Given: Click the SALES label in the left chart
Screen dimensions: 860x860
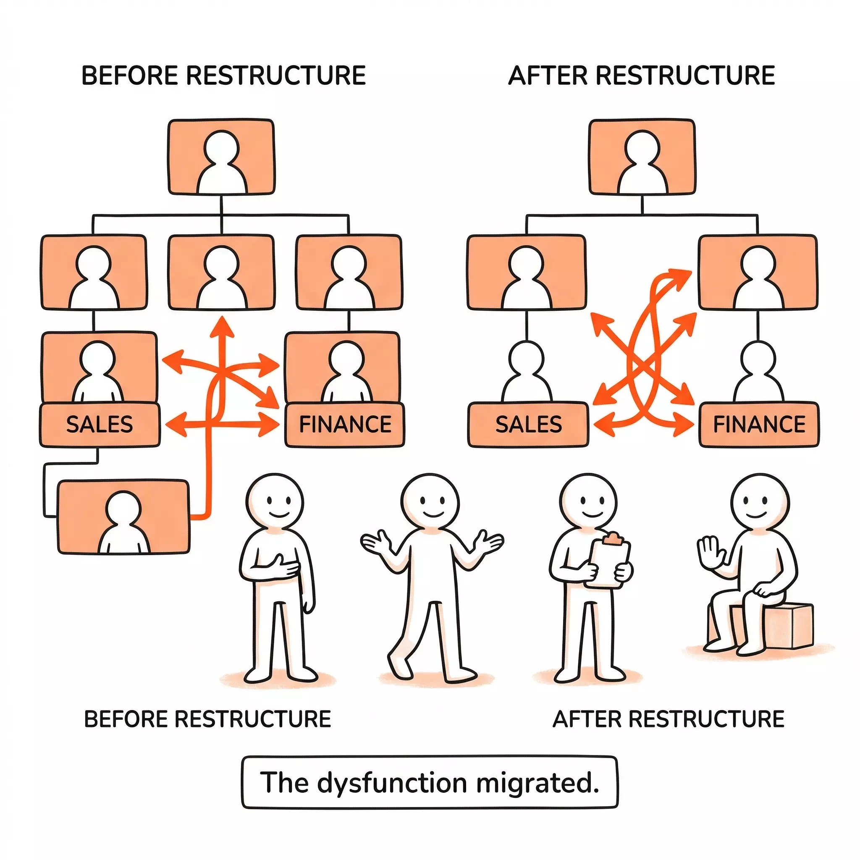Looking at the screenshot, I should click(99, 425).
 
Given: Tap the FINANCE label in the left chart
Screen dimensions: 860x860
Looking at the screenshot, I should click(345, 425).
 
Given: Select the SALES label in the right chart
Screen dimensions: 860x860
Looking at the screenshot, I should click(528, 425).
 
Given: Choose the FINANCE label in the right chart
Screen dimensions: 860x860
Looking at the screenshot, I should click(759, 425).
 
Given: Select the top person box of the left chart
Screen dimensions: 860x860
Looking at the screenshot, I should click(221, 157).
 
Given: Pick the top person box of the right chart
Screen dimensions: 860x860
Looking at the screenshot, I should click(642, 157).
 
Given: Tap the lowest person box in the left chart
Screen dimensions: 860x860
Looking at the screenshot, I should click(124, 517).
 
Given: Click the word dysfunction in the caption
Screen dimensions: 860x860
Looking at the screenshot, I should click(392, 783).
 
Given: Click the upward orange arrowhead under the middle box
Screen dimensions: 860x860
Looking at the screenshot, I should click(221, 327).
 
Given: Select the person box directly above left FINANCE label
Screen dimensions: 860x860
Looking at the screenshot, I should click(342, 367).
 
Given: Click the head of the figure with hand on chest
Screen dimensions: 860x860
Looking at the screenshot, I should click(275, 502).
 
